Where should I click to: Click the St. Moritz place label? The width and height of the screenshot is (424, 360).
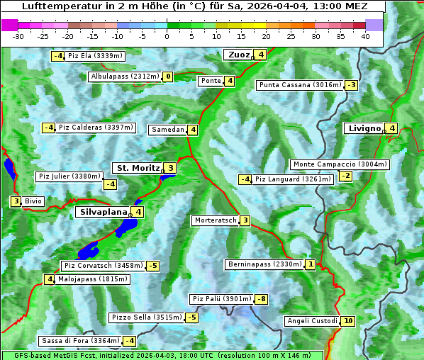tap(138, 168)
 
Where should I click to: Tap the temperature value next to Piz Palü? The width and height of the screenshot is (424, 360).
tap(262, 299)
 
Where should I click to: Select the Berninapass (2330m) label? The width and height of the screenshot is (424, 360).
tap(264, 264)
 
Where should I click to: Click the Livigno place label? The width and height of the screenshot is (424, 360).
tap(364, 128)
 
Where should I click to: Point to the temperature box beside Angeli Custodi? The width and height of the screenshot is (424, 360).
tap(347, 321)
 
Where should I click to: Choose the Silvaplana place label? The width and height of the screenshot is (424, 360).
tap(104, 211)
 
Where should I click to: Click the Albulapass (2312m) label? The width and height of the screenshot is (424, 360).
tap(125, 77)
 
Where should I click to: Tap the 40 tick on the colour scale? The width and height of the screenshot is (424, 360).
tap(365, 35)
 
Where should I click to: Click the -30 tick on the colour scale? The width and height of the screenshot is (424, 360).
tap(18, 35)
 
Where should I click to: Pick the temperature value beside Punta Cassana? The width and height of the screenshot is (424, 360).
tap(351, 85)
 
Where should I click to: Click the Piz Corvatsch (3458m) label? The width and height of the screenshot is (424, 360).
tap(103, 266)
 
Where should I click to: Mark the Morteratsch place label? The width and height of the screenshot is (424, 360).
tap(216, 220)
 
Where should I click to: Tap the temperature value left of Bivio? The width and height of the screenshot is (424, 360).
tap(16, 201)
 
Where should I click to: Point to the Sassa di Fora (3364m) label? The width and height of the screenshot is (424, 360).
tap(80, 341)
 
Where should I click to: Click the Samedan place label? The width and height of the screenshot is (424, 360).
tap(168, 130)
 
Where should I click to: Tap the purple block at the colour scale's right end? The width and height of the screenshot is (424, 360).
tap(374, 24)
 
